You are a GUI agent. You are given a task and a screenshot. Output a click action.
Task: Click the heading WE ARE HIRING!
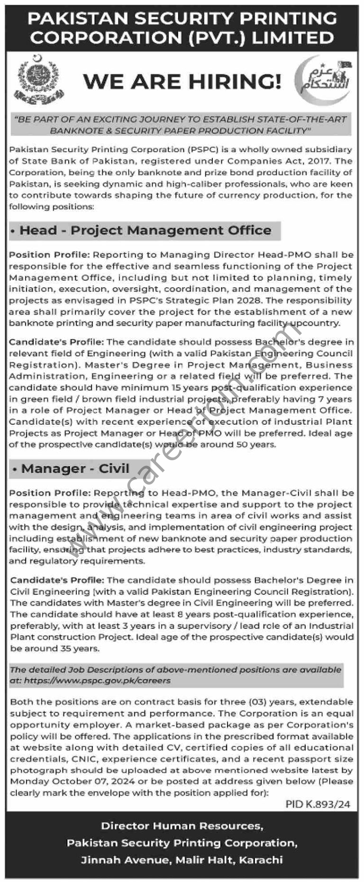point(182,81)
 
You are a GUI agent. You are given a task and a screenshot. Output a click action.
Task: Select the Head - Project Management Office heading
point(146,231)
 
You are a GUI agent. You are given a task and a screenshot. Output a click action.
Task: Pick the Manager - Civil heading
point(75,469)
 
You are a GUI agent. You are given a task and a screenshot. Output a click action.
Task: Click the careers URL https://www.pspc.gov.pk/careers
point(97,680)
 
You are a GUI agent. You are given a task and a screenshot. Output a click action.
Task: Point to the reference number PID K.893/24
point(318,804)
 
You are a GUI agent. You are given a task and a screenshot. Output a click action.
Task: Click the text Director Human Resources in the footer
point(182,826)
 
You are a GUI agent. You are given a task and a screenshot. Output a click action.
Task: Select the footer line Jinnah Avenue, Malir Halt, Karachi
point(182,860)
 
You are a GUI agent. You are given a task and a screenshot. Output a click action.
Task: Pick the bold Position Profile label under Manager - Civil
point(50,493)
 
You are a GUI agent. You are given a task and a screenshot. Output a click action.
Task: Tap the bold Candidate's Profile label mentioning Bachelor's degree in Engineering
point(56,342)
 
